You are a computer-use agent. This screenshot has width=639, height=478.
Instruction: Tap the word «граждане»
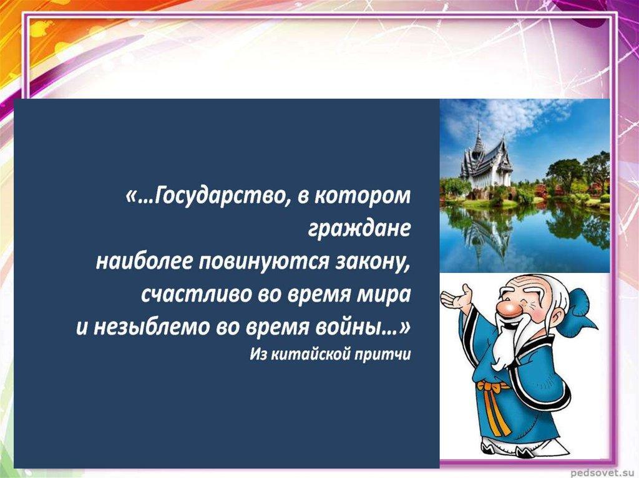coord(359,229)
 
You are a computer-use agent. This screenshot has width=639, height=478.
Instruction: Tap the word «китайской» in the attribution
coord(311,354)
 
